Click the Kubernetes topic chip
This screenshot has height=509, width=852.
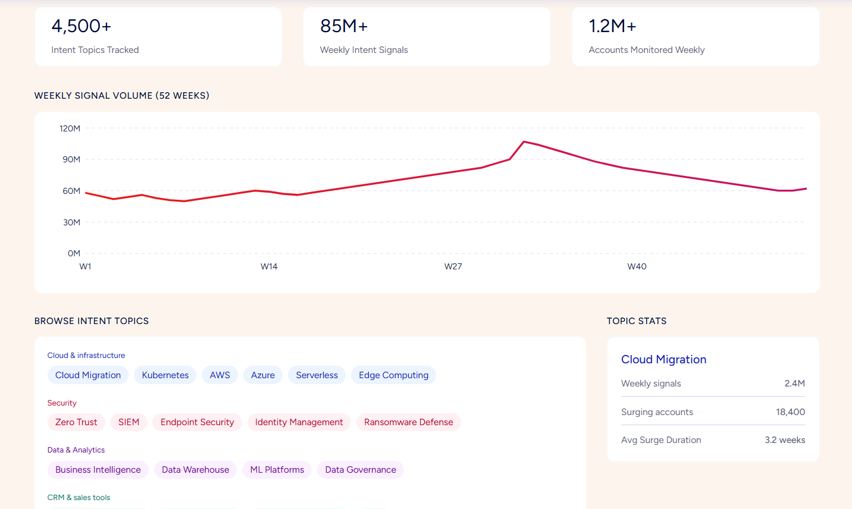click(x=165, y=375)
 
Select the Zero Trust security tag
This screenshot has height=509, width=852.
click(x=76, y=422)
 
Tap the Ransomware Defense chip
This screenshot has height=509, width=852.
click(x=409, y=422)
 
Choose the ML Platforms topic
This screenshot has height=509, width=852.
click(x=277, y=470)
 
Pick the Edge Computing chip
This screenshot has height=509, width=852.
click(x=394, y=375)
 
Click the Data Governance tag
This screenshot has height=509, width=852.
click(x=361, y=470)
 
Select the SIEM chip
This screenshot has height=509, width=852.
click(x=129, y=422)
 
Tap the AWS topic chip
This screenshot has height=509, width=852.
click(x=220, y=375)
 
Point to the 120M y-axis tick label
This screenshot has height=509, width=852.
click(x=70, y=128)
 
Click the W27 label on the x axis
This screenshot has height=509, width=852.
click(x=453, y=266)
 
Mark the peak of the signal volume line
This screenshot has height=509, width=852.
click(x=524, y=142)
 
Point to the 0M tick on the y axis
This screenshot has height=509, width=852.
click(x=74, y=253)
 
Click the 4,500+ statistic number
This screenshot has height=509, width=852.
click(x=82, y=26)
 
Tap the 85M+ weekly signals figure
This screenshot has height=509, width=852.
click(x=344, y=26)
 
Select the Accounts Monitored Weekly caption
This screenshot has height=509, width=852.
click(x=647, y=50)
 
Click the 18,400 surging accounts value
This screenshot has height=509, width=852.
click(x=790, y=412)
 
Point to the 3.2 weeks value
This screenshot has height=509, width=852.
click(x=785, y=440)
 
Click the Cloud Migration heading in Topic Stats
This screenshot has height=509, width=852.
click(x=664, y=360)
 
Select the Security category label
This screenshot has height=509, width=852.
click(x=62, y=403)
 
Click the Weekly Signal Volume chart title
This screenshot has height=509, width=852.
click(x=122, y=95)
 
